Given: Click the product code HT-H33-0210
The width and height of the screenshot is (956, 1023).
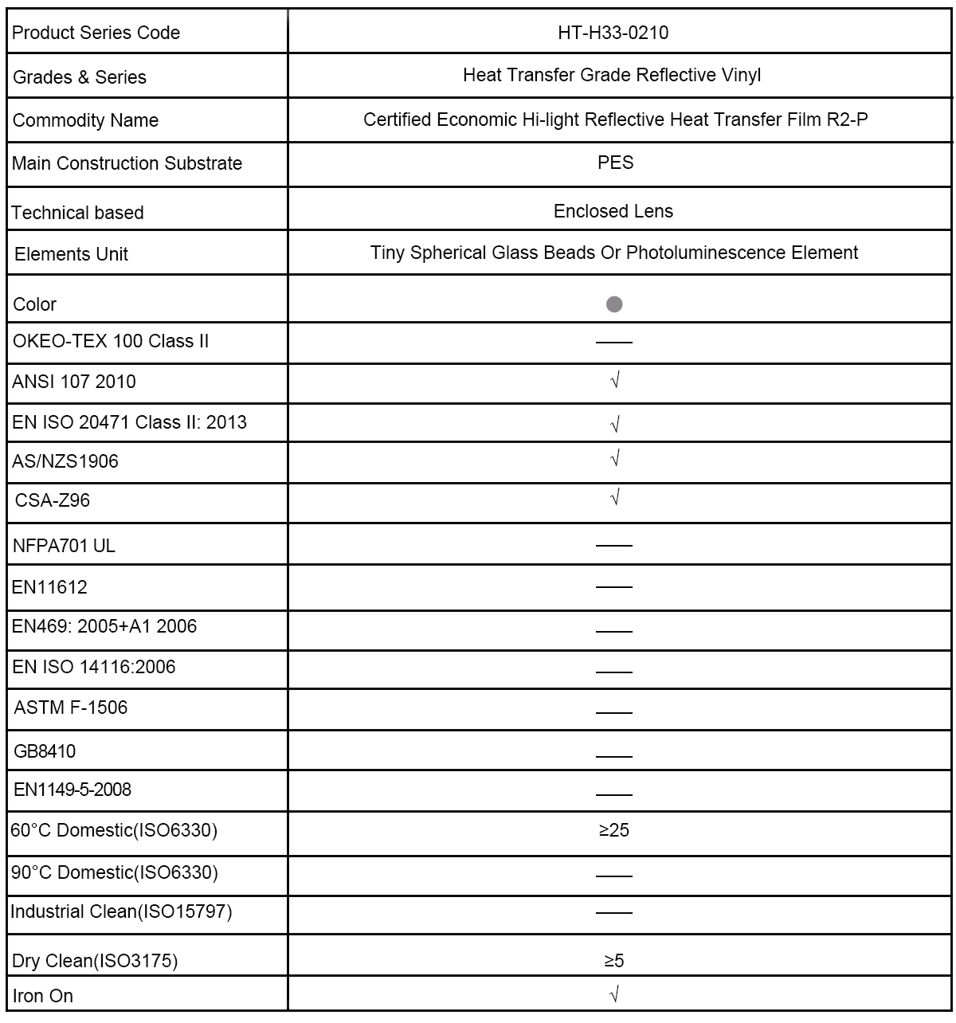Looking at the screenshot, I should point(613,33).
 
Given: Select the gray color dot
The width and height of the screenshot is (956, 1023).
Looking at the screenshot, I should point(614,304).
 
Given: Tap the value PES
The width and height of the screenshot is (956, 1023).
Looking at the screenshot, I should point(615,163).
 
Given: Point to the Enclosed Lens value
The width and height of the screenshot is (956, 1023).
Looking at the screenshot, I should point(613,211).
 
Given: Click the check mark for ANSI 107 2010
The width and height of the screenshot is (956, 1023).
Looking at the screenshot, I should point(614,381).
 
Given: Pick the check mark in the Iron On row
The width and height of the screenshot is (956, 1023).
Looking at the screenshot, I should point(614,994).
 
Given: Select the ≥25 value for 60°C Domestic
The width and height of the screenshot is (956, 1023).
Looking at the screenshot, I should point(613,830).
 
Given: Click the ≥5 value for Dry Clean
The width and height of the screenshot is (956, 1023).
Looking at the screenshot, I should point(613,961).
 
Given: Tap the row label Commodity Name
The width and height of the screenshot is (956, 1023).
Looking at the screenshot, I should point(85,120).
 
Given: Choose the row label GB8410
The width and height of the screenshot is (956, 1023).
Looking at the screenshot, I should point(45,751).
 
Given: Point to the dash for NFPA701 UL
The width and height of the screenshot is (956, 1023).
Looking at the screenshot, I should point(613,546).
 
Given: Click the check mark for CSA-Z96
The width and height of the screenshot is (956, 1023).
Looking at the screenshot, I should point(614,498).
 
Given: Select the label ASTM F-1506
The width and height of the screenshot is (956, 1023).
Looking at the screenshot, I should point(70,707).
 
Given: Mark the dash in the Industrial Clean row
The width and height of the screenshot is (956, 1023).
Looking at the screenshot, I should point(613,912).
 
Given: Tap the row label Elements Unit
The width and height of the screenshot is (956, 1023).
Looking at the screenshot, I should point(71,254).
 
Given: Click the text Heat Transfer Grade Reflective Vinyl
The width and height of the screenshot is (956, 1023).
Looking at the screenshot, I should point(612,75).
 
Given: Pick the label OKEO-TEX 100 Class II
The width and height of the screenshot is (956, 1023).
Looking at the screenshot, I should point(111,341).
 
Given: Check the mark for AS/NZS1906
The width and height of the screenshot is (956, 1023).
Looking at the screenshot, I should point(614,458).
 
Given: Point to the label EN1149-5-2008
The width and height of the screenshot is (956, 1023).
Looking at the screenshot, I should point(72,790).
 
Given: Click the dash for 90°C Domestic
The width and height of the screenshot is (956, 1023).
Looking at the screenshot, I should point(613,875).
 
